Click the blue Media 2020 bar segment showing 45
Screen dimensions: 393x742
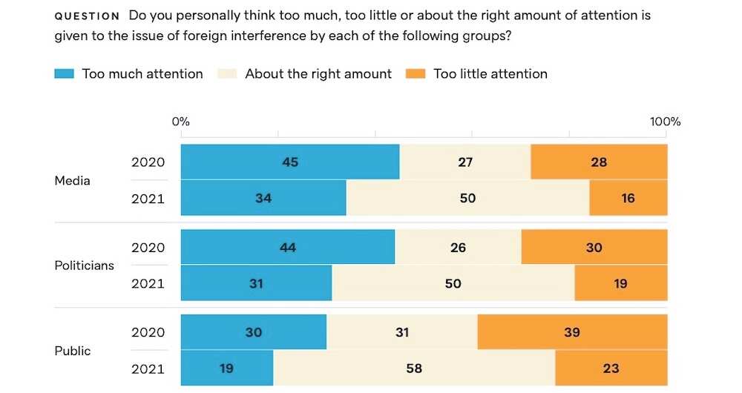tap(290, 162)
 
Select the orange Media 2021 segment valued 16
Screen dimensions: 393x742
tap(628, 198)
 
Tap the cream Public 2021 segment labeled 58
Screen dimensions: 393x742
tap(414, 368)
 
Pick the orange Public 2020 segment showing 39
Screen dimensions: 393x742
tap(572, 332)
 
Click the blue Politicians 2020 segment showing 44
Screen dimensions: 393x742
tap(288, 247)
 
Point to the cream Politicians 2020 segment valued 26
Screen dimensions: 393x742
tap(458, 247)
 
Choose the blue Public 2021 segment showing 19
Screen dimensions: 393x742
tap(227, 368)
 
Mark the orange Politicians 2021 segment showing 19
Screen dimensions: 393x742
tap(621, 283)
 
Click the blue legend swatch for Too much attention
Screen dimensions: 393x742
tap(65, 74)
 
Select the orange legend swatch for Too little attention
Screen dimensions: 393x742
tap(416, 74)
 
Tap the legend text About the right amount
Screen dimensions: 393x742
tap(318, 74)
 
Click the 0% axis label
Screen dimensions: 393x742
tap(181, 122)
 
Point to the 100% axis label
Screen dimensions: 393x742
tap(665, 122)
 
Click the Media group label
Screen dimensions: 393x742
tap(73, 180)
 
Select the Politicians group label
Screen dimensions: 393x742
tap(85, 265)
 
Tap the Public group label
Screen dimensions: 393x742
tap(73, 350)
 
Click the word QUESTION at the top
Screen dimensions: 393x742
tap(87, 16)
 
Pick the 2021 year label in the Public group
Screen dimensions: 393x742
tap(148, 368)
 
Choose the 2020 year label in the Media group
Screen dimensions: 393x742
tap(148, 162)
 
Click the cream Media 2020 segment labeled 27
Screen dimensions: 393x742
tap(465, 162)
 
